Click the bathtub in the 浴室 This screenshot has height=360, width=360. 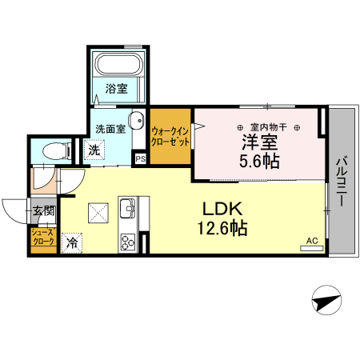[x=118, y=65]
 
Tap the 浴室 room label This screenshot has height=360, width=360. [x=117, y=89]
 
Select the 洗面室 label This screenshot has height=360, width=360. [x=109, y=128]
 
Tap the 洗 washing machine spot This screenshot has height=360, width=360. [x=94, y=149]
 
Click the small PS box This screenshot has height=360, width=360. [x=141, y=159]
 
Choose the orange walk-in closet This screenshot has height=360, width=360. [x=169, y=137]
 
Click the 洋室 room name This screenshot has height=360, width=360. [x=259, y=142]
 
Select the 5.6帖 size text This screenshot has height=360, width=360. [x=259, y=162]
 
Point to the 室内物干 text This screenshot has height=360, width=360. [x=267, y=127]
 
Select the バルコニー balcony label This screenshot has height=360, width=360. [x=341, y=180]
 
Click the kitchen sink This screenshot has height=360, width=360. [x=128, y=210]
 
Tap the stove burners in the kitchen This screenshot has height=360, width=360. [x=128, y=241]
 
